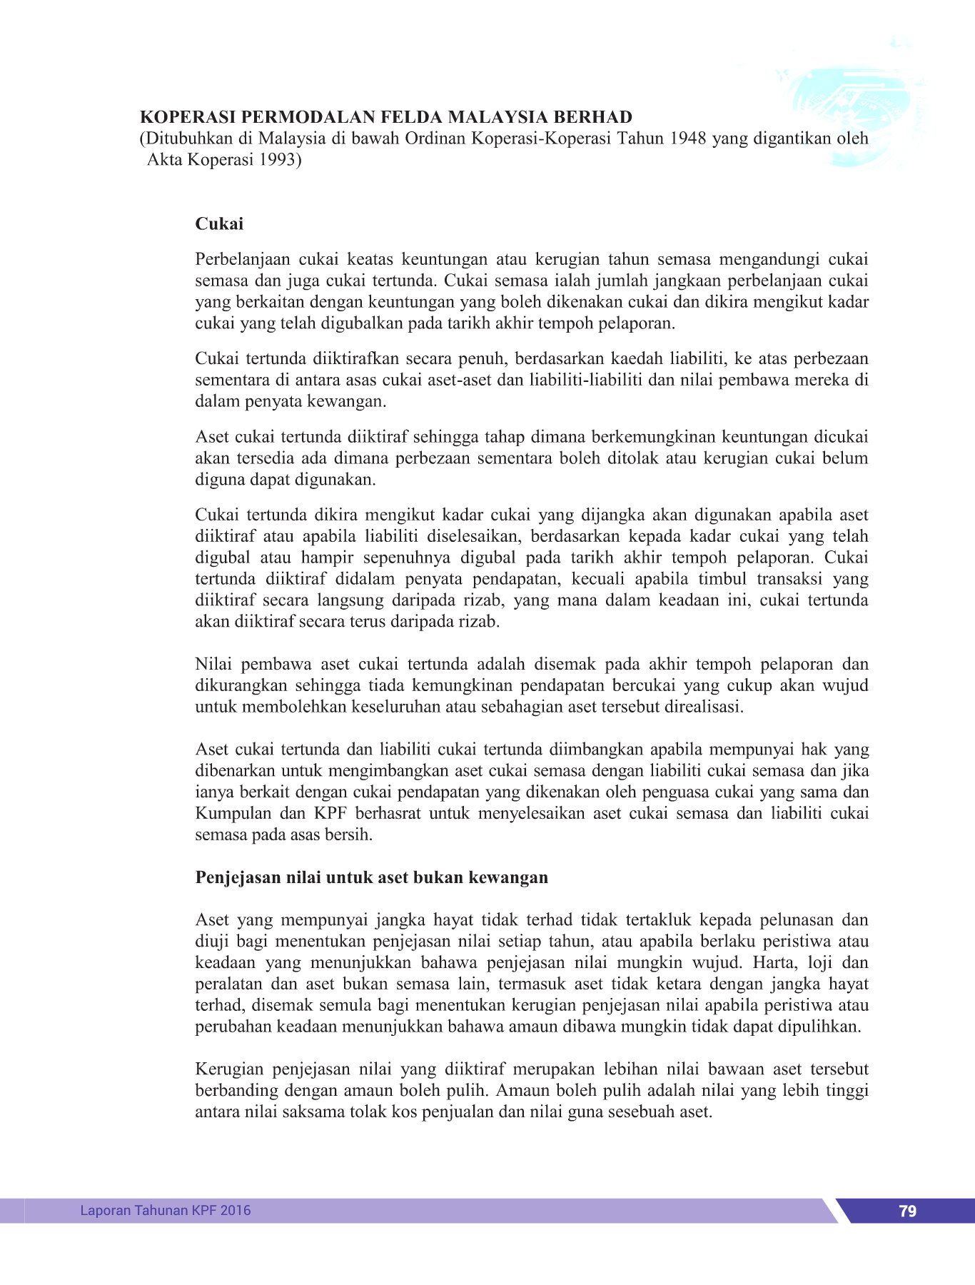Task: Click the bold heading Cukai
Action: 219,224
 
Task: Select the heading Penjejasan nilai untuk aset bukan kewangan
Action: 371,877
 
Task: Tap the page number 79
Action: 907,1211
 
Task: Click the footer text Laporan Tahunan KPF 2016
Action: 166,1210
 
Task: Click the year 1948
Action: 688,138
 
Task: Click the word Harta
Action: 773,962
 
